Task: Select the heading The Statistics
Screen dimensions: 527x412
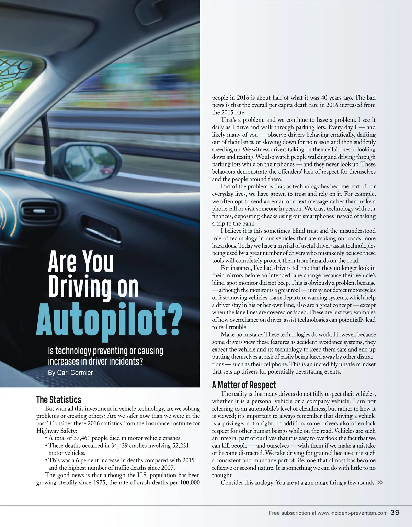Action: click(59, 400)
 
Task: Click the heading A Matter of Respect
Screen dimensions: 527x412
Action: click(244, 385)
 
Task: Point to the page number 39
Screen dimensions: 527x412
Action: click(395, 513)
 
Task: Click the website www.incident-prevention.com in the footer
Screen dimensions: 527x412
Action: click(352, 513)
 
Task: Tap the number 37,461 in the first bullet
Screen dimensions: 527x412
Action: click(85, 438)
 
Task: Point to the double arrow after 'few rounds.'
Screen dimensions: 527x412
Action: click(380, 483)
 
